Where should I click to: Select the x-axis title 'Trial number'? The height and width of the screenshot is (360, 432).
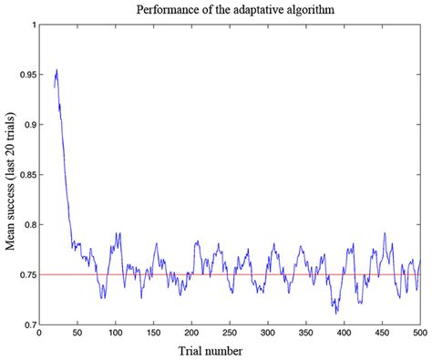tap(229, 349)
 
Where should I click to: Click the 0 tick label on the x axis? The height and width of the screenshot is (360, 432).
tap(38, 334)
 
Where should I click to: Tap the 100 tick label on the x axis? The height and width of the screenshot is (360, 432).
tap(115, 334)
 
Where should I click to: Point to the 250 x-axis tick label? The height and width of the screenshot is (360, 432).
tap(230, 334)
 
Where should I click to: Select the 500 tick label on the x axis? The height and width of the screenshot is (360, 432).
tap(420, 334)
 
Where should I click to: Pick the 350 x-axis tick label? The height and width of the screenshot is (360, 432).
tap(306, 334)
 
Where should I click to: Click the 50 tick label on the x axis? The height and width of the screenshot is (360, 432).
tap(77, 334)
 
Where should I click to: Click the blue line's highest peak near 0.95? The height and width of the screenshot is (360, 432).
tap(57, 70)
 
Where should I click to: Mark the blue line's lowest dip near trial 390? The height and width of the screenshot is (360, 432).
tap(336, 314)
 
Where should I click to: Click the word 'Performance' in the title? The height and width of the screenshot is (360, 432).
tap(167, 10)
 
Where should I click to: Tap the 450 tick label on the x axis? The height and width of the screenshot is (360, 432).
tap(382, 334)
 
